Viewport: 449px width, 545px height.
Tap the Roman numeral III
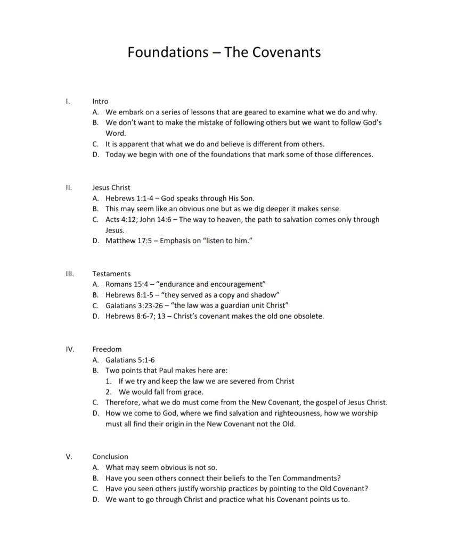[x=68, y=274]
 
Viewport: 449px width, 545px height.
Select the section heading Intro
[x=100, y=101]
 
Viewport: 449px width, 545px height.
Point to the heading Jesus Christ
[x=111, y=187]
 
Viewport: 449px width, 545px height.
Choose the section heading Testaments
[x=111, y=274]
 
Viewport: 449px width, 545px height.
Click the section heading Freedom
[x=107, y=349]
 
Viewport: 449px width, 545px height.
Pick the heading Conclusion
[x=110, y=457]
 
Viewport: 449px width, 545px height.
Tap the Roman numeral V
[x=68, y=457]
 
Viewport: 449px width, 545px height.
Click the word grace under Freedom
[x=192, y=392]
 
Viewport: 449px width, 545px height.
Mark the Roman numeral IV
[x=69, y=349]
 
